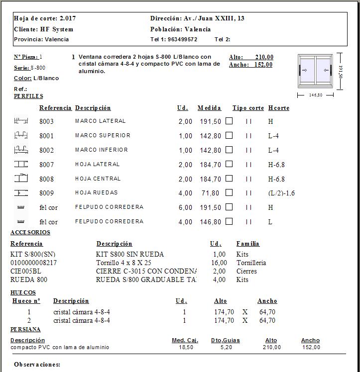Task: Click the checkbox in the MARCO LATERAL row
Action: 229,121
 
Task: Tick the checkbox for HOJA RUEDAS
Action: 229,193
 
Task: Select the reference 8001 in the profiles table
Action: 46,136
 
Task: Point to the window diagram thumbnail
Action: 315,71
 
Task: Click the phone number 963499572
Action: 183,39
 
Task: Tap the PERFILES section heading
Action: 28,96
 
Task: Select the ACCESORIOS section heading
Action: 30,232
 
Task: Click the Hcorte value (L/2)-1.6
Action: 281,193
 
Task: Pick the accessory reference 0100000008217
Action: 33,263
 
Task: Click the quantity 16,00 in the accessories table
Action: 219,263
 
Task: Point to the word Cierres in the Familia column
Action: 246,271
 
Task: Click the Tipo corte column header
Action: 248,108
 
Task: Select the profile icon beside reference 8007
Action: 21,164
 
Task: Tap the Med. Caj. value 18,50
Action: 185,347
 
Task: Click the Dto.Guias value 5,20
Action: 226,347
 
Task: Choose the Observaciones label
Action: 37,365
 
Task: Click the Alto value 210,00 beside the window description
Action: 264,57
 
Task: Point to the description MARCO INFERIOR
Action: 102,150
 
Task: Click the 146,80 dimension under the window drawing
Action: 315,95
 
